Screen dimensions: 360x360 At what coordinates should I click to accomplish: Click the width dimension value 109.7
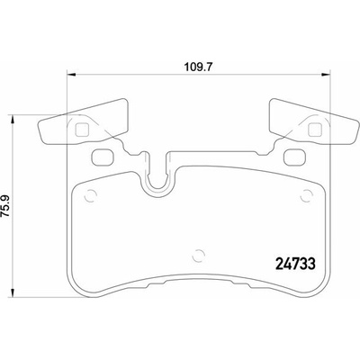pos(197,67)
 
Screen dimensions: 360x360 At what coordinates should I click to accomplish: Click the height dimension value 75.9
pos(6,206)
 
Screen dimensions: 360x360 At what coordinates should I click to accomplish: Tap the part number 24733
pos(295,264)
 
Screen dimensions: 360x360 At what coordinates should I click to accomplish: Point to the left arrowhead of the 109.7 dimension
pos(71,74)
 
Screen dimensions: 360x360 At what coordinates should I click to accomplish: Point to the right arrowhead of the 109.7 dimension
pos(325,74)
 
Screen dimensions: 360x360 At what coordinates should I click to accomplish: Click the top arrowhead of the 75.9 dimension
pos(13,120)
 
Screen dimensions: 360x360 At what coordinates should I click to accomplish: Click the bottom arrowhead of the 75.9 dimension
pos(13,292)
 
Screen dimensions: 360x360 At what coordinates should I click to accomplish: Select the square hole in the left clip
pos(81,130)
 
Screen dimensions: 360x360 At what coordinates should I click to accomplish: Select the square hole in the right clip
pos(315,130)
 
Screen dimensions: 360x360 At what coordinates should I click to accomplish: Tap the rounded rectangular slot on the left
pos(102,157)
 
